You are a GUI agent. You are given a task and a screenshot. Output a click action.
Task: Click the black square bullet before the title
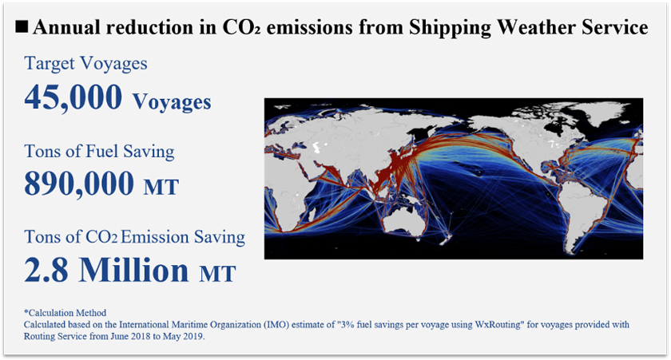click(22, 27)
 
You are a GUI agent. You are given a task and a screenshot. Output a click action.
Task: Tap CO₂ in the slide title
click(241, 27)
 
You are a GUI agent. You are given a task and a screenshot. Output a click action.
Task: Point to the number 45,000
click(73, 98)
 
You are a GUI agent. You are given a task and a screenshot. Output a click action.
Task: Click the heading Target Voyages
click(85, 64)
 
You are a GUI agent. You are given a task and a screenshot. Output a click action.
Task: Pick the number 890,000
click(79, 184)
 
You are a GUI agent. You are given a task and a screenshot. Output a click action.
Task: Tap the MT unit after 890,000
click(161, 188)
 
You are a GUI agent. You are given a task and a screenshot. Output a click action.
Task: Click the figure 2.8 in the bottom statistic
click(46, 271)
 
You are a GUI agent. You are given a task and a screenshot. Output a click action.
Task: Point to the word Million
click(134, 269)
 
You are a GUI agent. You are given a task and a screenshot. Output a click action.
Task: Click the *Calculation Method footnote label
click(65, 313)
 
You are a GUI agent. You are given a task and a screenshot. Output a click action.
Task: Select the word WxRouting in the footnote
click(497, 325)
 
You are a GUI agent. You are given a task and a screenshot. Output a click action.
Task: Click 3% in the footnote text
click(343, 325)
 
